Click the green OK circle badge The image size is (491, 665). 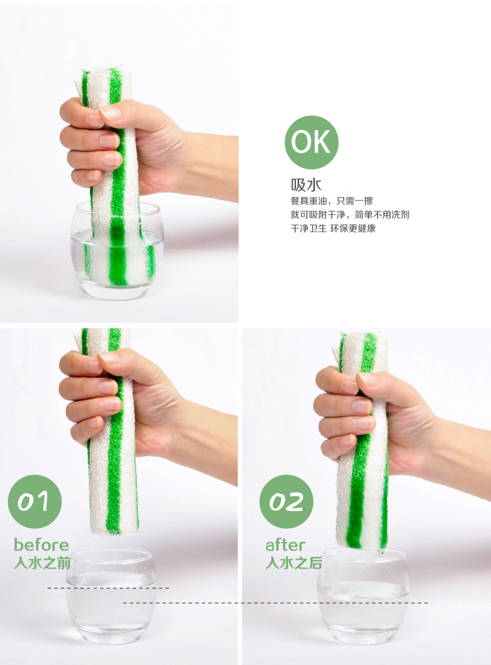point(312,142)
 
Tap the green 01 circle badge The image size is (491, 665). point(35,501)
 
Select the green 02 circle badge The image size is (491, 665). point(287,501)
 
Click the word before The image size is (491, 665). point(41,545)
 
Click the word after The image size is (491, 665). point(285,545)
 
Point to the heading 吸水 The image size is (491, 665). point(306,185)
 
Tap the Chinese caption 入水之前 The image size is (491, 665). point(42,563)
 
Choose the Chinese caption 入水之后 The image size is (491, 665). point(294,563)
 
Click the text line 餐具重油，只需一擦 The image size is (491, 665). point(332,200)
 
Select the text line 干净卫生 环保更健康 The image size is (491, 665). point(333,228)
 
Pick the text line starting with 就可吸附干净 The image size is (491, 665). point(350,215)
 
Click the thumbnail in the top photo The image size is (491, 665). point(111,113)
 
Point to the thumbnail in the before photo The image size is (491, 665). point(109,358)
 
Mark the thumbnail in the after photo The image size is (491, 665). point(367,379)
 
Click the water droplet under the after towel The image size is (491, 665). point(380,551)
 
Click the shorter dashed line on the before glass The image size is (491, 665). point(108,588)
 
